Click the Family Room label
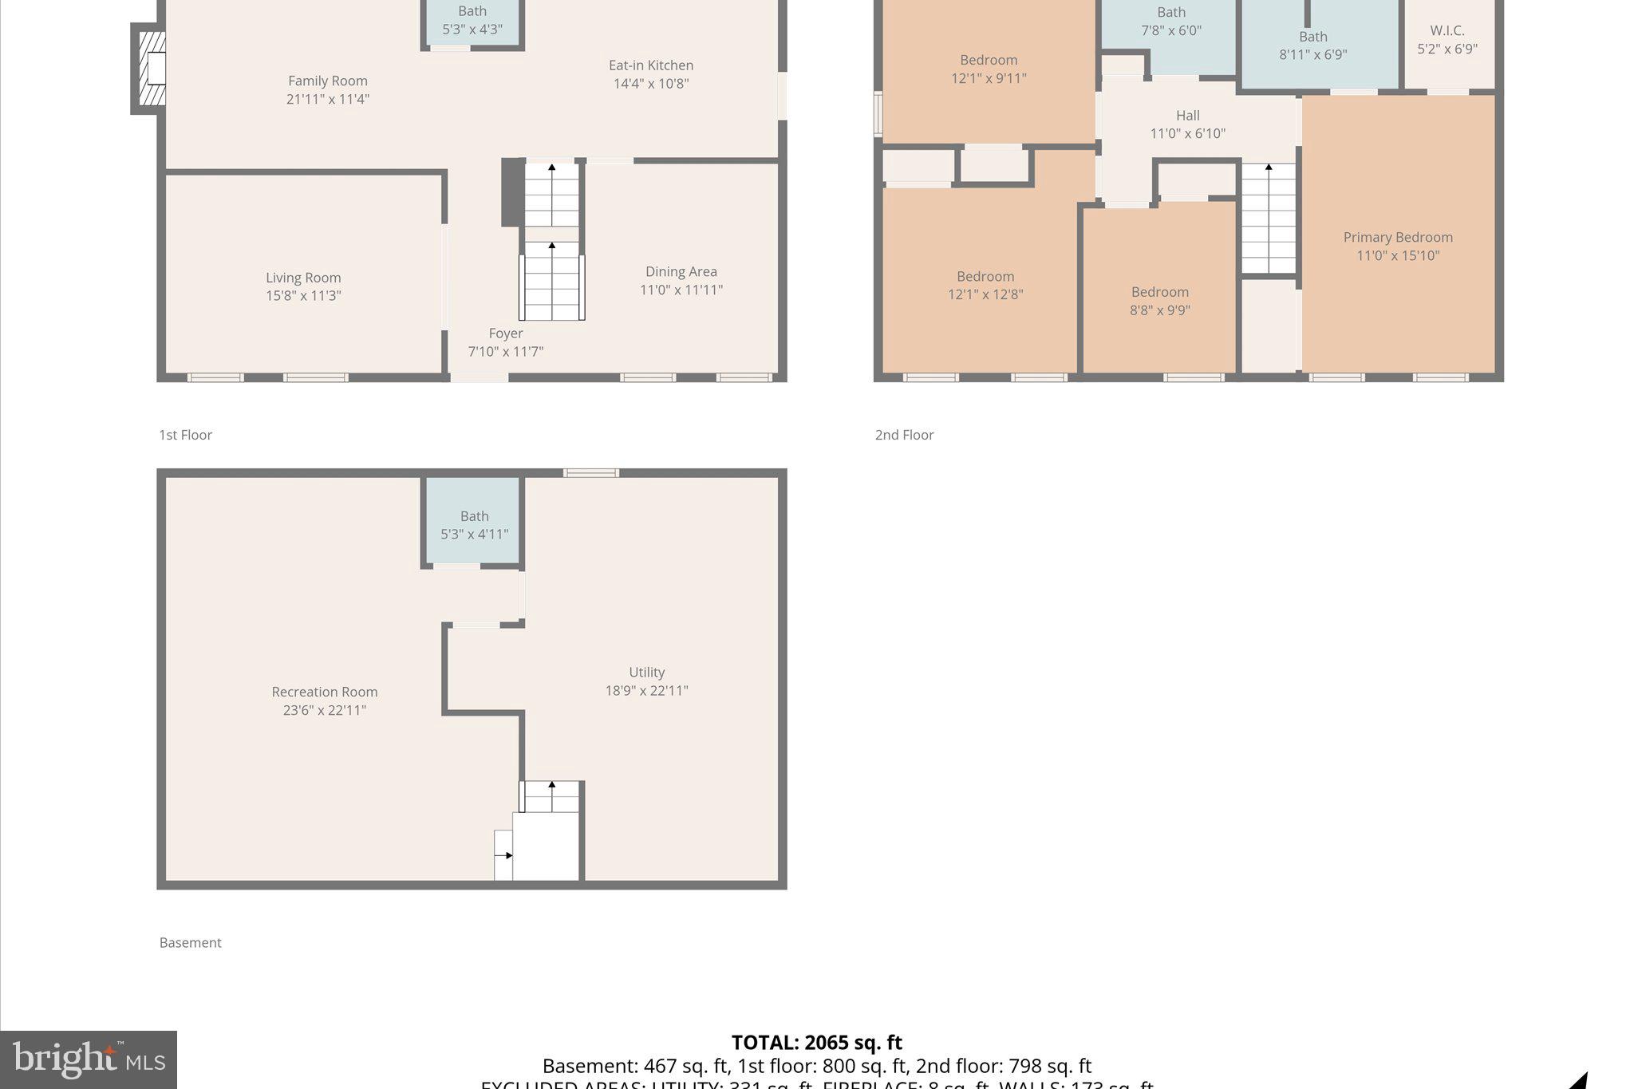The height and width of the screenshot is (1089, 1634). [x=327, y=81]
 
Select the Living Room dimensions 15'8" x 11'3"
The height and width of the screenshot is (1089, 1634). [x=303, y=295]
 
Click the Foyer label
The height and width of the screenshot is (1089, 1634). [x=506, y=333]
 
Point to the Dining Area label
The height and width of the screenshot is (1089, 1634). [x=681, y=272]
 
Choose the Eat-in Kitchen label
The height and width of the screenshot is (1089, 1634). [x=651, y=65]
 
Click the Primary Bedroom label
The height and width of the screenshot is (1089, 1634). [x=1397, y=238]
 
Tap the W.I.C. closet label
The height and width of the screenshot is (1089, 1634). [x=1447, y=31]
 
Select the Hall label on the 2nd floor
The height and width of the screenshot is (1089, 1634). [x=1187, y=116]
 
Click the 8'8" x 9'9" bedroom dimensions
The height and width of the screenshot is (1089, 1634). [x=1159, y=310]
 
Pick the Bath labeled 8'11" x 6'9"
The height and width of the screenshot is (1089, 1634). [x=1312, y=45]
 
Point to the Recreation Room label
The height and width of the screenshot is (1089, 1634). [x=324, y=692]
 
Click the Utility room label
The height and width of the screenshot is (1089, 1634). [x=646, y=673]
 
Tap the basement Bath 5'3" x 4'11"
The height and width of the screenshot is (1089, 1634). [x=474, y=525]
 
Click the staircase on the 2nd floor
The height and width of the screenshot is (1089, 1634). [x=1268, y=219]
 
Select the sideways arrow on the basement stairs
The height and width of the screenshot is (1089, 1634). [x=504, y=855]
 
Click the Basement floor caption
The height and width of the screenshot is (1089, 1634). [x=190, y=943]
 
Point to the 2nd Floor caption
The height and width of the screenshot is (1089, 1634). [x=904, y=435]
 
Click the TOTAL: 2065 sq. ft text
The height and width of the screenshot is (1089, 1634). [x=816, y=1043]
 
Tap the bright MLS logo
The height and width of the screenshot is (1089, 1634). [x=89, y=1059]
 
